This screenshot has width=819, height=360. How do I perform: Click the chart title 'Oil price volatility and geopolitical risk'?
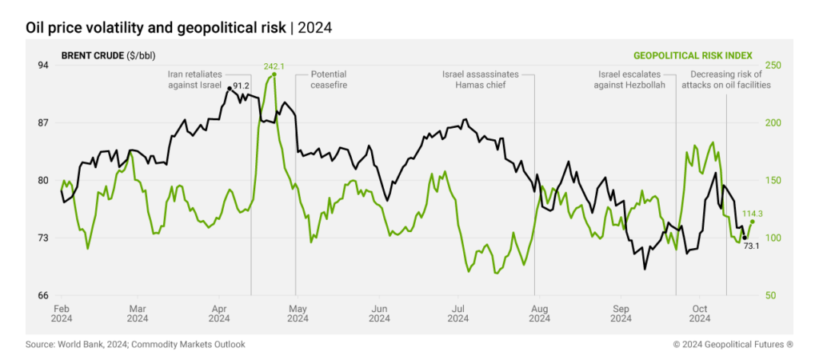tap(155, 27)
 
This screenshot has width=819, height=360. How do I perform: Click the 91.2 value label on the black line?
tap(242, 86)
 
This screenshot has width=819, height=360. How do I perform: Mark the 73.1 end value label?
tap(751, 246)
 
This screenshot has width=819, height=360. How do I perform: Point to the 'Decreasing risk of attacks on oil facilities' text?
tap(725, 79)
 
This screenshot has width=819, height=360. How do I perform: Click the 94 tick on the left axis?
tap(43, 66)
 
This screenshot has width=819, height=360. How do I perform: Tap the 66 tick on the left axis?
tap(43, 295)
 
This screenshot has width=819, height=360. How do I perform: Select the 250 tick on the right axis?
tap(773, 66)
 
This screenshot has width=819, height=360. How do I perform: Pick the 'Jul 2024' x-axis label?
tap(458, 313)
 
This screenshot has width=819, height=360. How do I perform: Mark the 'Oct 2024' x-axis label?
tap(700, 313)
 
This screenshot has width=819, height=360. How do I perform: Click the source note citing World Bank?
tap(135, 345)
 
